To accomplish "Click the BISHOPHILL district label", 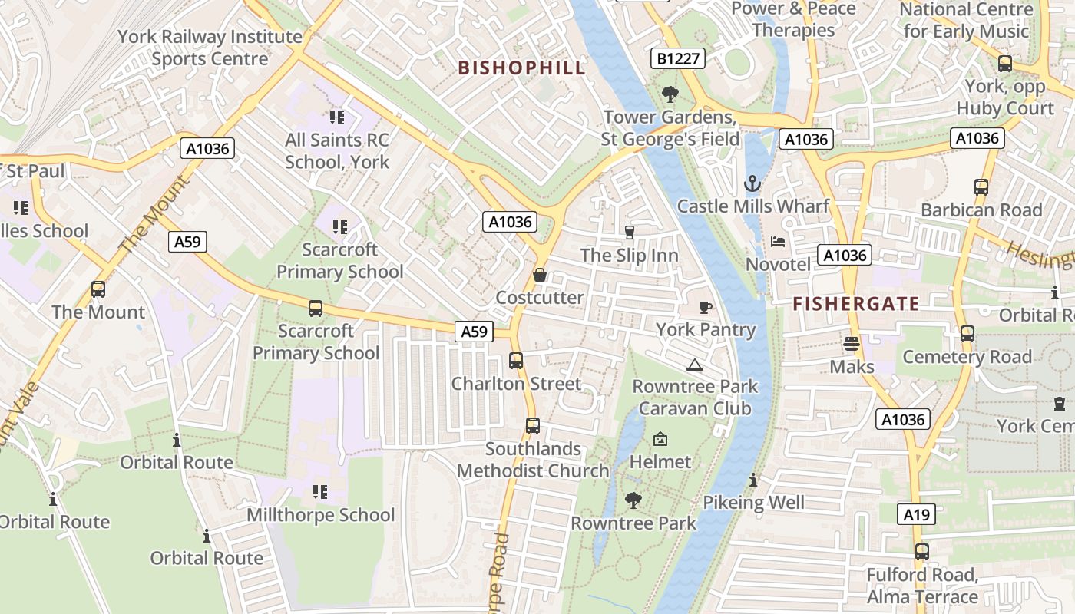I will [521, 68].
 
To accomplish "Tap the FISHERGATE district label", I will [856, 304].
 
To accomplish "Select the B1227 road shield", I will [677, 58].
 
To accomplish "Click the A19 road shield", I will [916, 514].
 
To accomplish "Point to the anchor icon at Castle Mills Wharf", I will [752, 183].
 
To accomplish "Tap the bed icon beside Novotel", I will [778, 242].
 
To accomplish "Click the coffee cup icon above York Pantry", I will [706, 307].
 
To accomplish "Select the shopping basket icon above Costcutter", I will [540, 275].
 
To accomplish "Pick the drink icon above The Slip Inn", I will [630, 232].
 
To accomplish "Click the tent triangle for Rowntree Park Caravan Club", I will [695, 365].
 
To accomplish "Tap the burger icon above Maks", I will [852, 343].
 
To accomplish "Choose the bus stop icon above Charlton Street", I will [516, 360].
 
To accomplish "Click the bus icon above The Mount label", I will [98, 289].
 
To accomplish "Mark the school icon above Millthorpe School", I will [320, 491].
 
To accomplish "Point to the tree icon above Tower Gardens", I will [670, 94].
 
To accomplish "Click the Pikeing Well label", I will [754, 503].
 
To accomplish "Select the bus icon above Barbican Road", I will [981, 187].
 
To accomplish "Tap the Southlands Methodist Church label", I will [533, 460].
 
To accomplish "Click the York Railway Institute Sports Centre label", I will [210, 48].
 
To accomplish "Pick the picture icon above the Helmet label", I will [660, 439].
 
